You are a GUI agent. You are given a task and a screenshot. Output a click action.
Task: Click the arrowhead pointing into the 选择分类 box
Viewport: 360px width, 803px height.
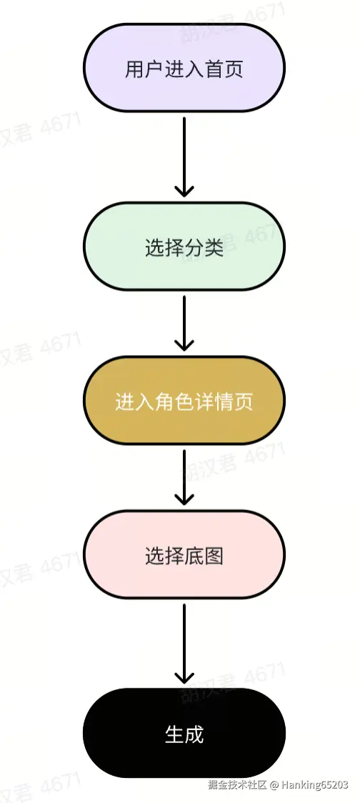tap(184, 190)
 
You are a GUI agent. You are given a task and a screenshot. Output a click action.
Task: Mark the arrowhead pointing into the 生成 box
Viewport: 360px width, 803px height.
tap(184, 677)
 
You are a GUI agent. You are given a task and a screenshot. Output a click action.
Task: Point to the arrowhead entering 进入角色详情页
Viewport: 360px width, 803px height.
tap(184, 344)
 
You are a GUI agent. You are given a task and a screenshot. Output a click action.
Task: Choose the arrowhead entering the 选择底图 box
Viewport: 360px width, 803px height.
tap(184, 499)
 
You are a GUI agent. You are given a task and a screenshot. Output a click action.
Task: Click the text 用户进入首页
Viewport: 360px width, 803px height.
tap(184, 70)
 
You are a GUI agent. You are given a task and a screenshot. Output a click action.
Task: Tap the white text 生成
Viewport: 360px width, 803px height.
tap(184, 734)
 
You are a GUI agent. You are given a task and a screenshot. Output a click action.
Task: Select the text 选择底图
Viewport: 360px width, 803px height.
tap(184, 556)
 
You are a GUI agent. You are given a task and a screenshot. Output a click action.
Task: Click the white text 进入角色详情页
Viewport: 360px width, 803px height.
tap(184, 402)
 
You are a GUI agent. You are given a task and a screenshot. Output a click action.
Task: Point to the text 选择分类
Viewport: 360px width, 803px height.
tap(184, 248)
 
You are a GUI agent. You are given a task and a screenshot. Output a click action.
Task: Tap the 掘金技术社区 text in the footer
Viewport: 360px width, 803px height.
tap(238, 784)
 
